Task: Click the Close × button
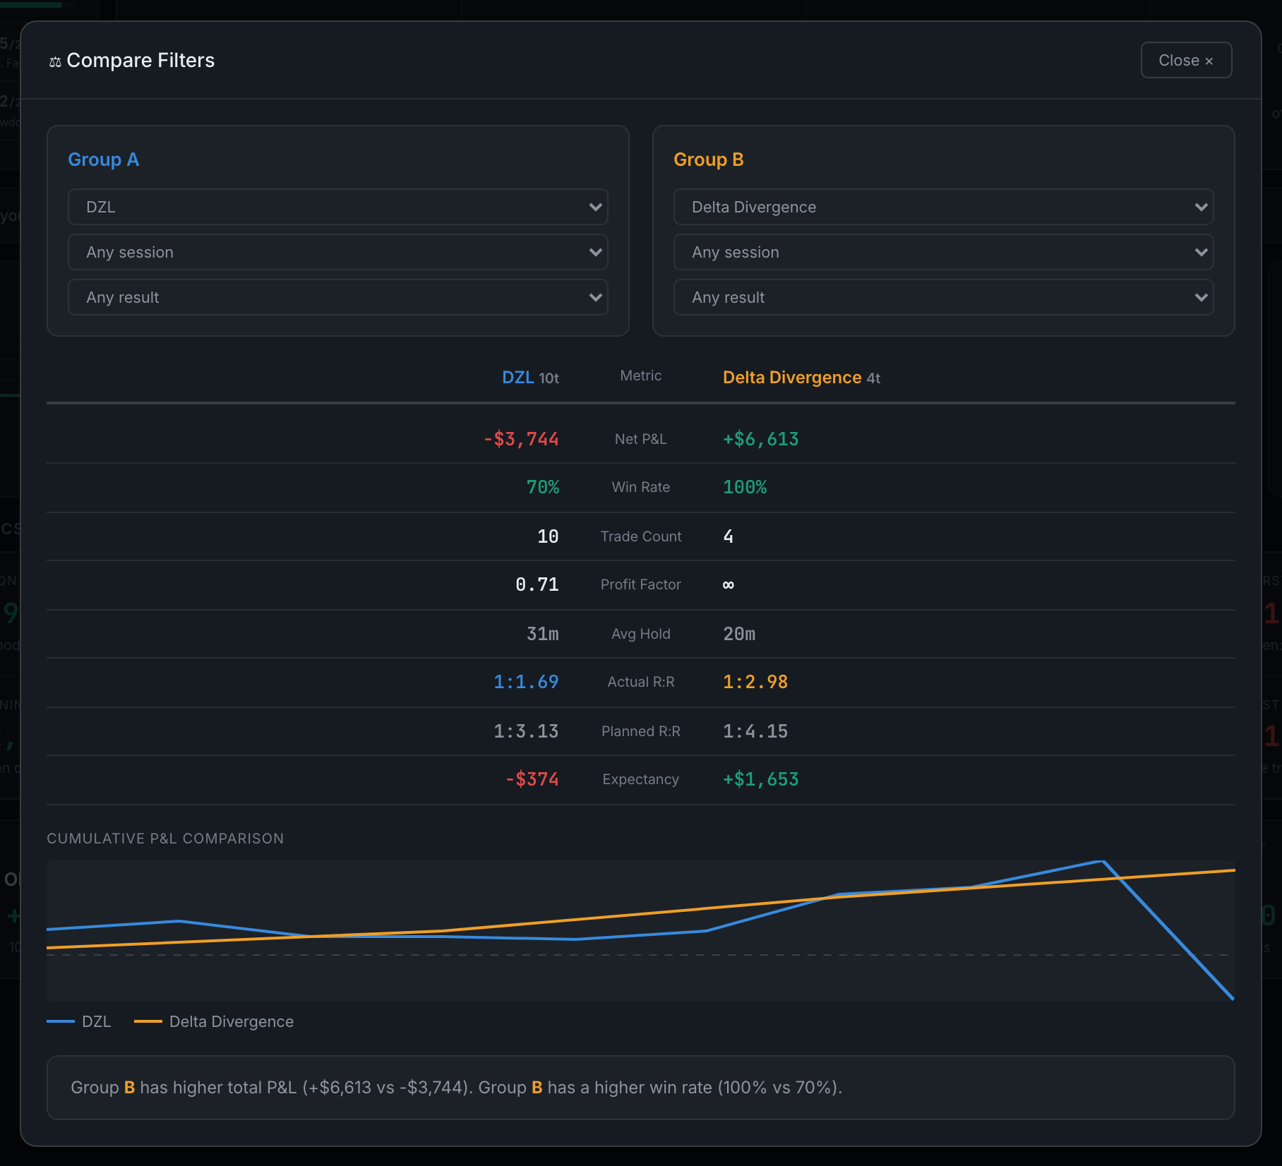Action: (1186, 60)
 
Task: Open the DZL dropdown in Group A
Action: (337, 207)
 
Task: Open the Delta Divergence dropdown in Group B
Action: (943, 207)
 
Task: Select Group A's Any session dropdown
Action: (337, 252)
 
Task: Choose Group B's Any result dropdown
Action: (943, 297)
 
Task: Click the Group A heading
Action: (103, 160)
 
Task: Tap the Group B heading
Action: (709, 160)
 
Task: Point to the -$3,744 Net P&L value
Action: (521, 439)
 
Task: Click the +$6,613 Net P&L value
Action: (761, 439)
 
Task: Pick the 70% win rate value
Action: (543, 487)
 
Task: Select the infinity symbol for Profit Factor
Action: (729, 584)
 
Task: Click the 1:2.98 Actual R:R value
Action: (755, 682)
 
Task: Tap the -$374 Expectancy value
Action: (532, 779)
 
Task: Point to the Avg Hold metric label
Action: (641, 634)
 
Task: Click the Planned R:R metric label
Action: (641, 731)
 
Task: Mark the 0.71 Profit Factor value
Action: (537, 584)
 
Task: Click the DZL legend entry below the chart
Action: (79, 1021)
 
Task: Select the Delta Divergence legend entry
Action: (214, 1021)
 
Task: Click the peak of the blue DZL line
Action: (1102, 861)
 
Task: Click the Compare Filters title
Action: (140, 60)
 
